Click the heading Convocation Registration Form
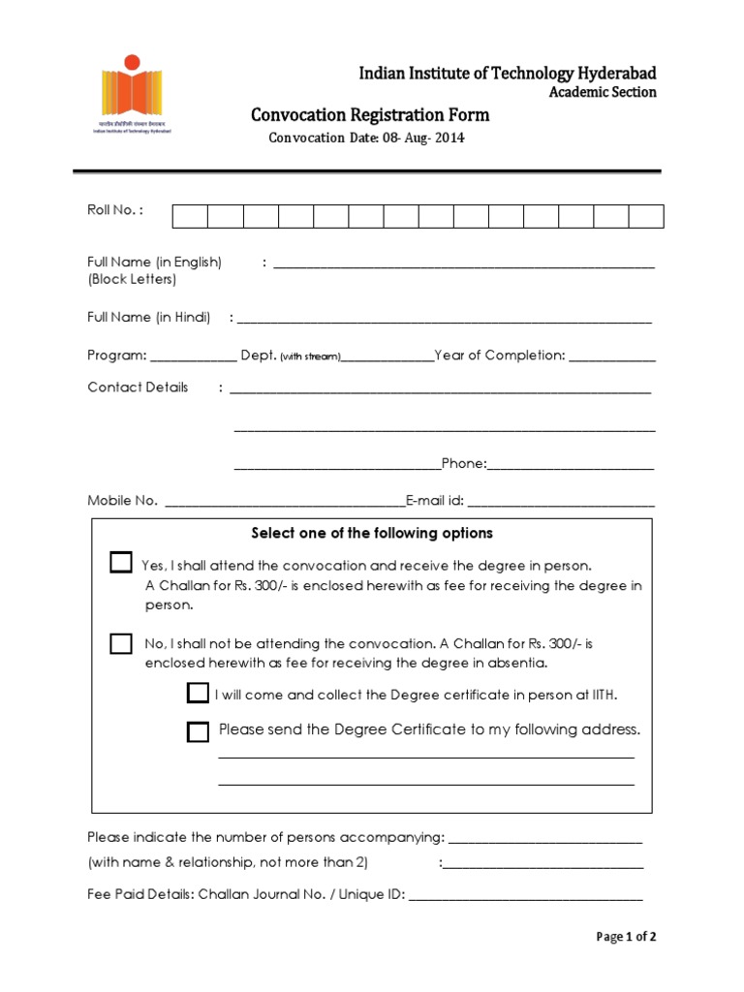370,115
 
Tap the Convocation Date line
366,138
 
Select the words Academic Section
603,92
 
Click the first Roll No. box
190,216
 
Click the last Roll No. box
646,216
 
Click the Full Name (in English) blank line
464,263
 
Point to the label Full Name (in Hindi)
149,317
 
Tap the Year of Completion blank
612,357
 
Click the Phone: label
463,463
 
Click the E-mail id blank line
561,503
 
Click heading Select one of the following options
372,533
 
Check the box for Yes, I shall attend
121,563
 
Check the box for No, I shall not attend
121,644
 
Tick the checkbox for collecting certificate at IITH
198,693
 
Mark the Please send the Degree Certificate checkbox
198,731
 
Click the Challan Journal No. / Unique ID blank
525,897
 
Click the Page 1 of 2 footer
626,937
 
